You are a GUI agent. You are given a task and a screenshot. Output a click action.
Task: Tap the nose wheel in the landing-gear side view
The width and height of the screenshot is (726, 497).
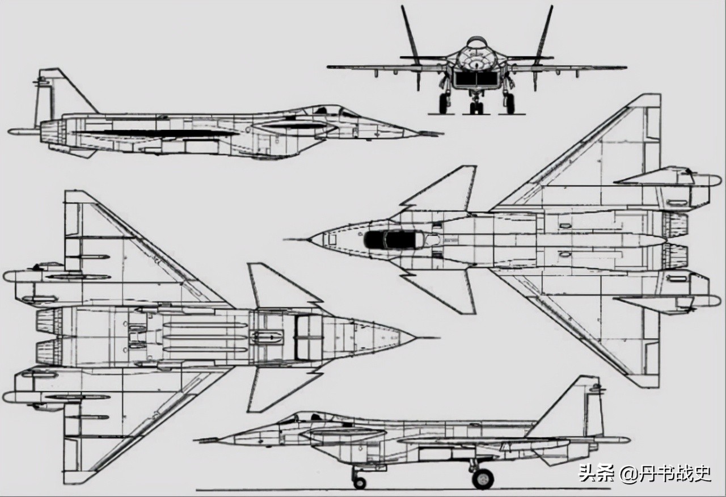(x=359, y=482)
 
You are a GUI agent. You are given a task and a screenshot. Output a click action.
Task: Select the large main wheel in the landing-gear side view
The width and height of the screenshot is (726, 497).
(x=483, y=478)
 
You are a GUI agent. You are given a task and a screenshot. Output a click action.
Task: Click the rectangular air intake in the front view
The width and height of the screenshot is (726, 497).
(x=476, y=79)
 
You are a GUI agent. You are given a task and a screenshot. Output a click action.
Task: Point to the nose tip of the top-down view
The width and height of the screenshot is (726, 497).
(x=309, y=239)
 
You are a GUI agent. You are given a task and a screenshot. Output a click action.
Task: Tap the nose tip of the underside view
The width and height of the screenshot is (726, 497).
(x=416, y=338)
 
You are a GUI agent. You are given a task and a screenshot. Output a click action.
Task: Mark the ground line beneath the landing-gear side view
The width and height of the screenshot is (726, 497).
(x=397, y=490)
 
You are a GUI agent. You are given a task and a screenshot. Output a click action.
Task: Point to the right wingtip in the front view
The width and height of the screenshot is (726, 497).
(x=624, y=68)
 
